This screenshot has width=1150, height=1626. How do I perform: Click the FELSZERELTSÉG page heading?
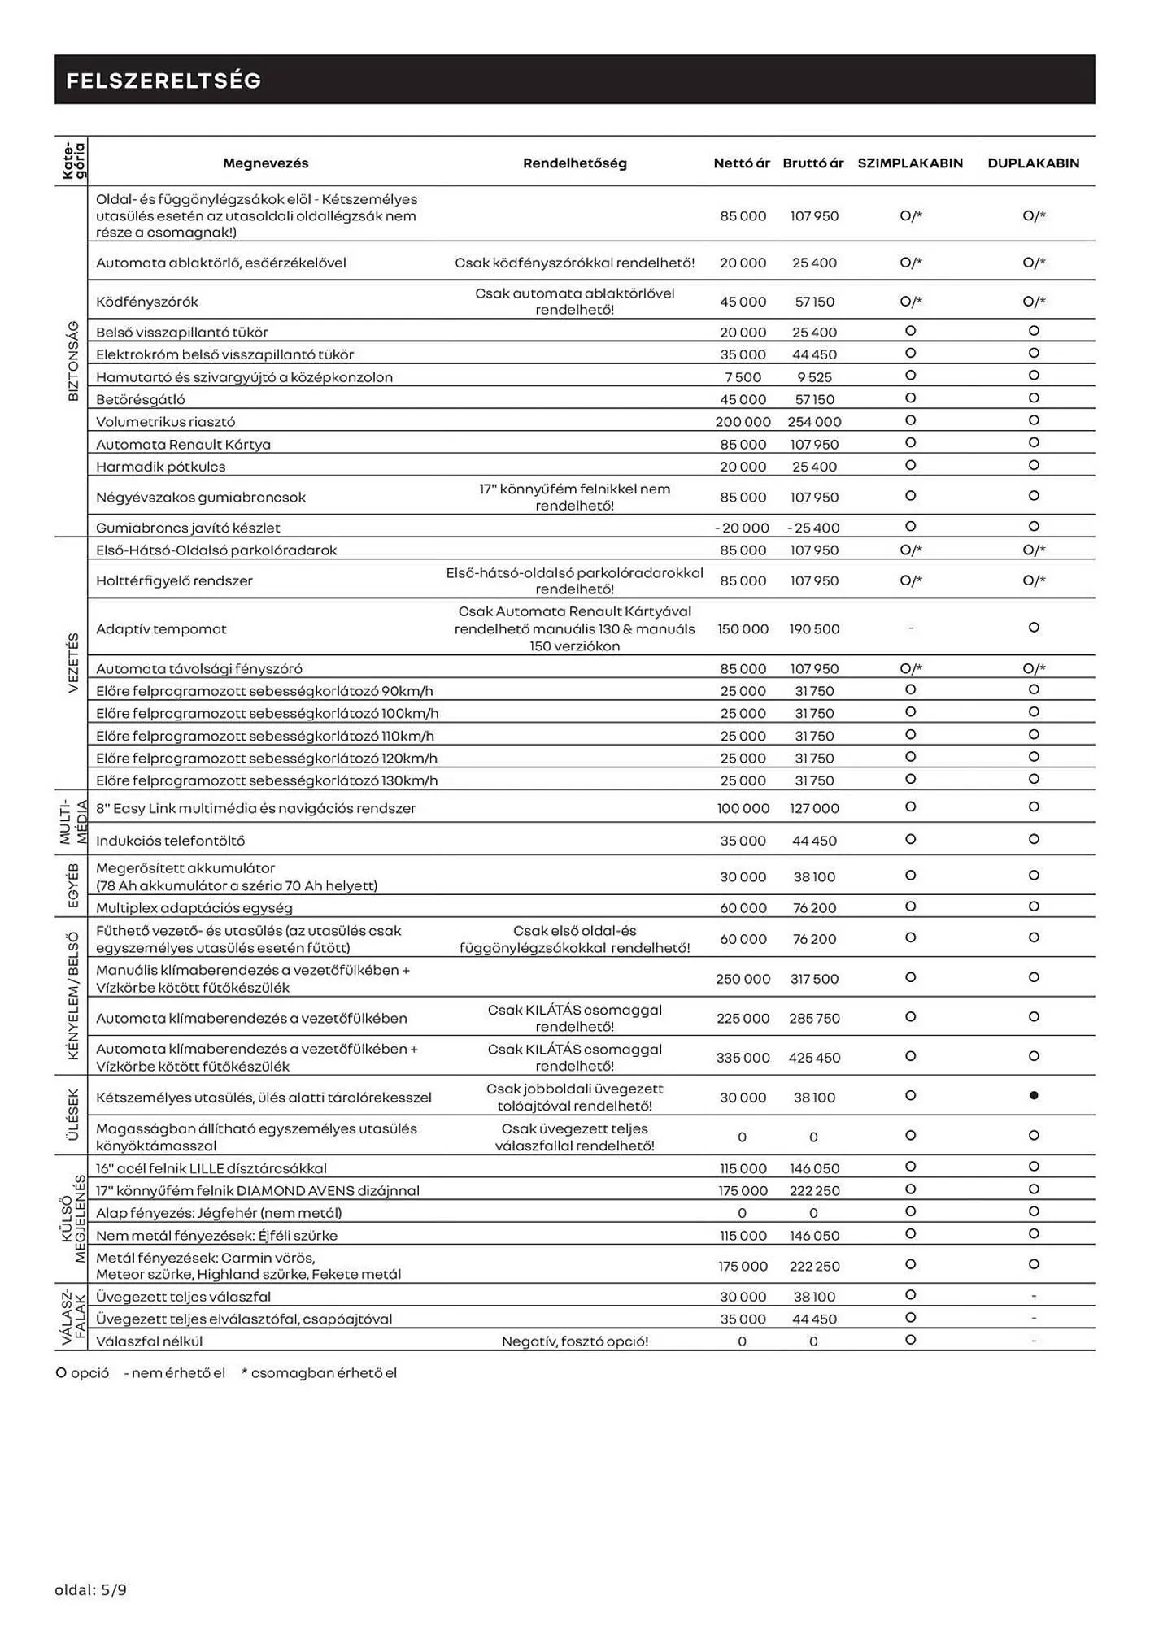[163, 80]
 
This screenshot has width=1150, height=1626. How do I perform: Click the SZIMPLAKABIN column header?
[910, 163]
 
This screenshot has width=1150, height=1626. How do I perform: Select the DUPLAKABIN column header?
[1033, 163]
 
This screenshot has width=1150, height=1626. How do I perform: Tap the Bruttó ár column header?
[813, 163]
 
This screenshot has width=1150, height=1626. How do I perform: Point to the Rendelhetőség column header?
[574, 163]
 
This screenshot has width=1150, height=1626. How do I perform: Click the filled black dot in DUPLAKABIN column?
[1034, 1096]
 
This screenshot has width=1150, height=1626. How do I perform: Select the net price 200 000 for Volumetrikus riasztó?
[743, 421]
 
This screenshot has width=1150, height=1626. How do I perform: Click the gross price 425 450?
[813, 1057]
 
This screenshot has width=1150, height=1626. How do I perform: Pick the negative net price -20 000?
[742, 527]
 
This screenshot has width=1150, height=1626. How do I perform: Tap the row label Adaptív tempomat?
[161, 628]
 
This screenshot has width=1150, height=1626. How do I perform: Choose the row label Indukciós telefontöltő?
[170, 840]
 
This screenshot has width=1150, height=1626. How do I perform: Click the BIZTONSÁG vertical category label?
[73, 361]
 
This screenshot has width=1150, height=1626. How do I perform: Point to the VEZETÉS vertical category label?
[73, 663]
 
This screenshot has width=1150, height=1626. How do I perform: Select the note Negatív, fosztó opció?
[574, 1341]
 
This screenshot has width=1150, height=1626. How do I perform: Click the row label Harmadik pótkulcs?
[160, 466]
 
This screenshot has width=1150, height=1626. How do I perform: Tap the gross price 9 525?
[813, 376]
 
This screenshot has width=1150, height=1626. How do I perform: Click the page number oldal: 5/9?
[90, 1589]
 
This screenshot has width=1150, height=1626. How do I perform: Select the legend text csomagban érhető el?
[323, 1372]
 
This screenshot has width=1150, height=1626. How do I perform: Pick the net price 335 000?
[743, 1057]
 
